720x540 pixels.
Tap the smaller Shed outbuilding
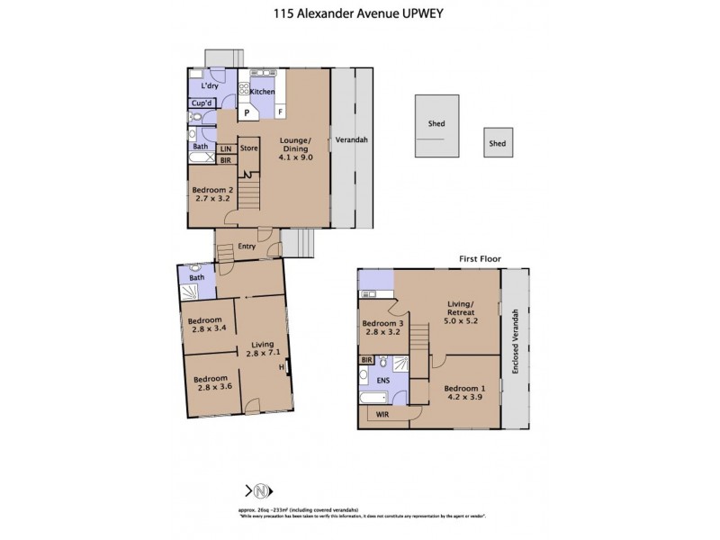coord(498,143)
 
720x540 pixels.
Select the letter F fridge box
coord(280,112)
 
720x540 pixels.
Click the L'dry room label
coord(210,85)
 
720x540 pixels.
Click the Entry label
coord(247,246)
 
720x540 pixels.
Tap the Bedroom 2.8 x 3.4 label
coord(208,324)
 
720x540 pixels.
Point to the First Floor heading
coord(478,258)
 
